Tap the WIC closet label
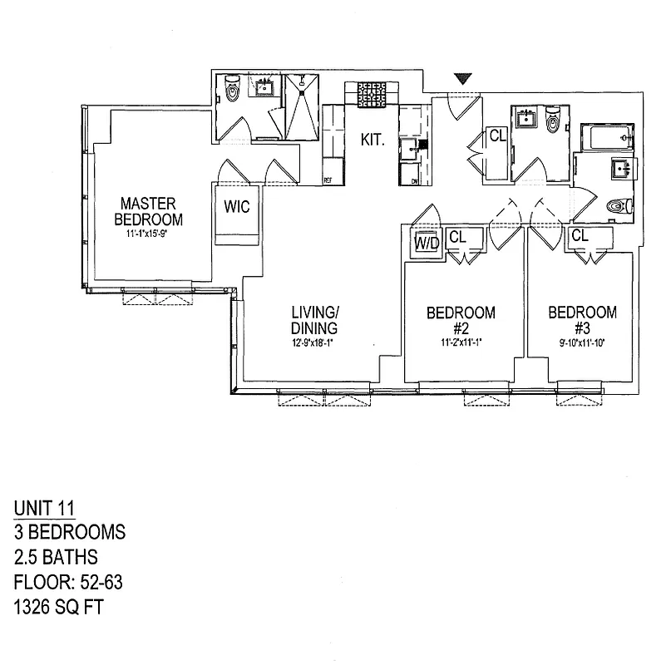pyautogui.click(x=237, y=206)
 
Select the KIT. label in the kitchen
pyautogui.click(x=372, y=140)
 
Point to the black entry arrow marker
pyautogui.click(x=463, y=80)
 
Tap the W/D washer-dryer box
pyautogui.click(x=427, y=244)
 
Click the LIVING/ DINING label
pyautogui.click(x=314, y=320)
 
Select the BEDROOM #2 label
pyautogui.click(x=461, y=320)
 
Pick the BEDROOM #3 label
pyautogui.click(x=582, y=320)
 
